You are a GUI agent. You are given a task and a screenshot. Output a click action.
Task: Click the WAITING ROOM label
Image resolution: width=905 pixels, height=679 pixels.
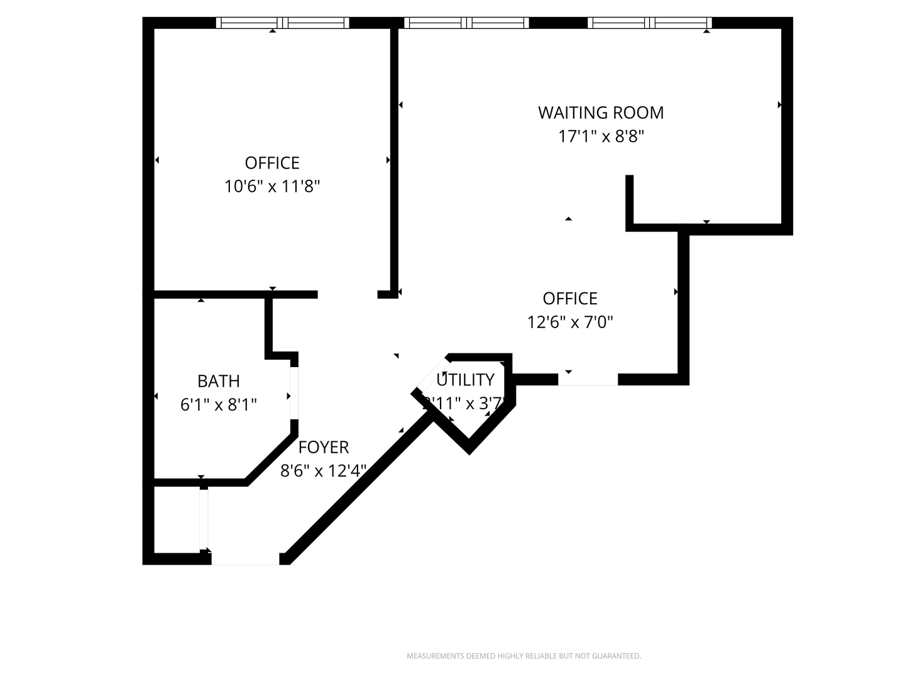click(601, 113)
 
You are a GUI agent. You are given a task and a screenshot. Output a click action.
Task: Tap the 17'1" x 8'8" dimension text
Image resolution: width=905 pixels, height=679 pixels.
click(601, 136)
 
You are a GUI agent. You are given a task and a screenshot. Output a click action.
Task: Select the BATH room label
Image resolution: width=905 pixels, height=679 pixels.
click(218, 381)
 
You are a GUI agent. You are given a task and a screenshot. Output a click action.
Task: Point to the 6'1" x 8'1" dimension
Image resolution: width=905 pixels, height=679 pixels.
click(218, 405)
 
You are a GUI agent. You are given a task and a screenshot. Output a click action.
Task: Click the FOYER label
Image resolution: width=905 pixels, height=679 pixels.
click(323, 447)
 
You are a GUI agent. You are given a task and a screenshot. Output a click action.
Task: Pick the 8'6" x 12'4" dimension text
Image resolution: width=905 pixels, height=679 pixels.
click(323, 471)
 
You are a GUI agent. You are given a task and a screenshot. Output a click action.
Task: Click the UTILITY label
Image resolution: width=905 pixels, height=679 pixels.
click(466, 380)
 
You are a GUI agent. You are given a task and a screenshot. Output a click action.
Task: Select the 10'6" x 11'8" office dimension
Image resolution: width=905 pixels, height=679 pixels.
click(272, 187)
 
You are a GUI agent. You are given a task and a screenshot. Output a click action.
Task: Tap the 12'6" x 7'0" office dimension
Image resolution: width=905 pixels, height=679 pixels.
click(570, 323)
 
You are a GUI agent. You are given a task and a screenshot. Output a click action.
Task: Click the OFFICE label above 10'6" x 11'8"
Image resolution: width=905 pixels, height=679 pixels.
click(272, 163)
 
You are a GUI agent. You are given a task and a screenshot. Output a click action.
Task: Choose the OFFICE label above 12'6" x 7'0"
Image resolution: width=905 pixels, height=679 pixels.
click(570, 299)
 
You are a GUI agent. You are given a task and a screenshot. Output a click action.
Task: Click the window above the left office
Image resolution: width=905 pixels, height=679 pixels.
click(282, 23)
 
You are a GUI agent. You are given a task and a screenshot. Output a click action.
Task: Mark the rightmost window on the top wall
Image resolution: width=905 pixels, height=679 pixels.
click(650, 23)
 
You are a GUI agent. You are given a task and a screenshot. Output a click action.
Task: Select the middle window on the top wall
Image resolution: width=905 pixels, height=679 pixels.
click(466, 23)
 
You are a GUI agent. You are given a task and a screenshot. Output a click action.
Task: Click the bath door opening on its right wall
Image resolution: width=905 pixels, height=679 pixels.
click(293, 393)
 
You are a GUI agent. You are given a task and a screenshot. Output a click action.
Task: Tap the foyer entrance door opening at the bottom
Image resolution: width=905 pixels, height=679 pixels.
click(245, 559)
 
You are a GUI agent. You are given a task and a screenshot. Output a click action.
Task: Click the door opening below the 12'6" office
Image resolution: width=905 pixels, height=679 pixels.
click(588, 379)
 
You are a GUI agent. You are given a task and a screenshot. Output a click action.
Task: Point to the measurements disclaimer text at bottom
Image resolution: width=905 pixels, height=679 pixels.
click(524, 656)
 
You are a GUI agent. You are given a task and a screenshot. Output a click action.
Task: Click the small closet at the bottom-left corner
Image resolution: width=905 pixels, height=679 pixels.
click(177, 519)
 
